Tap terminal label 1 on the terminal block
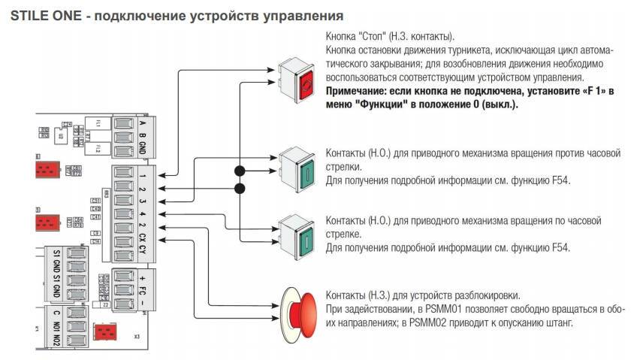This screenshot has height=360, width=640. click(x=143, y=177)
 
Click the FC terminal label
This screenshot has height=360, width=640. click(x=143, y=291)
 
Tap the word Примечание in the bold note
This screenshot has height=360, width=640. click(x=358, y=90)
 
